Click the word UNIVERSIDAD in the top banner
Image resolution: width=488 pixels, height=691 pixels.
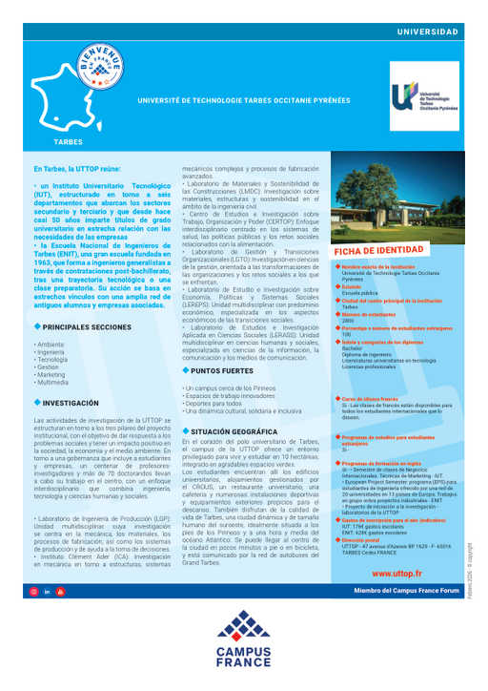pos(428,32)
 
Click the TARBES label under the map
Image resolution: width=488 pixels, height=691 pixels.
pos(68,140)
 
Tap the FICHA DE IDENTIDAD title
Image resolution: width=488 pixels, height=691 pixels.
pos(378,250)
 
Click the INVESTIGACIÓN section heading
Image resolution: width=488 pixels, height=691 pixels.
pos(71,404)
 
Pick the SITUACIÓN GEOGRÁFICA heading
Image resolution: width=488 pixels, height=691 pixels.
pos(233,431)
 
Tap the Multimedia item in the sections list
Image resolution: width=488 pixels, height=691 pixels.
pos(52,383)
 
